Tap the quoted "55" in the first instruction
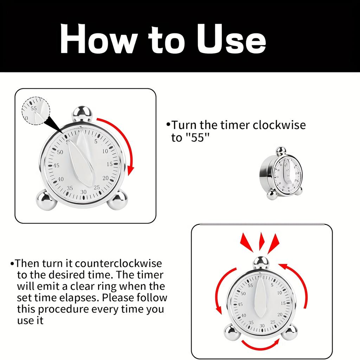point(195,137)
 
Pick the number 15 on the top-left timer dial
point(110,164)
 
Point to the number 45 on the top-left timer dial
point(56,166)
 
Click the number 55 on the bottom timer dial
point(250,285)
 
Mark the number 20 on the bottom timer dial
point(280,314)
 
